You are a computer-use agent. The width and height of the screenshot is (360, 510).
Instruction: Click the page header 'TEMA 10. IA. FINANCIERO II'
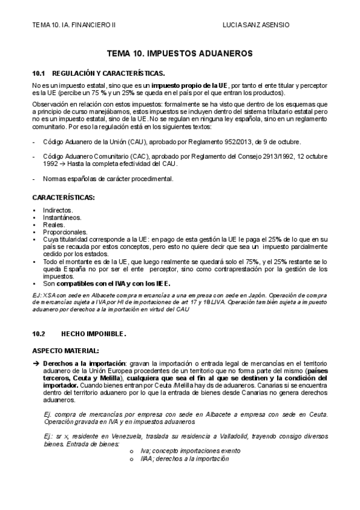(x=74, y=25)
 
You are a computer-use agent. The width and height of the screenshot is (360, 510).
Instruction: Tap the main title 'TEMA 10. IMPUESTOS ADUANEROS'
(x=180, y=54)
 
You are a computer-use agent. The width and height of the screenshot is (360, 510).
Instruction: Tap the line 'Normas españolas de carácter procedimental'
(x=108, y=179)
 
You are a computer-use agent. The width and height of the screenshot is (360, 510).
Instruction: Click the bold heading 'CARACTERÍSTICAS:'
(x=63, y=197)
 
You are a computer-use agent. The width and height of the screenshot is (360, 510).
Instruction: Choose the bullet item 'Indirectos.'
(x=58, y=210)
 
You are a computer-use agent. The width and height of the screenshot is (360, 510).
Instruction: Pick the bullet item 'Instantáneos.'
(x=62, y=217)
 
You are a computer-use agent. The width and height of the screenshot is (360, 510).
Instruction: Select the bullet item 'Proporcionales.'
(x=65, y=232)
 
